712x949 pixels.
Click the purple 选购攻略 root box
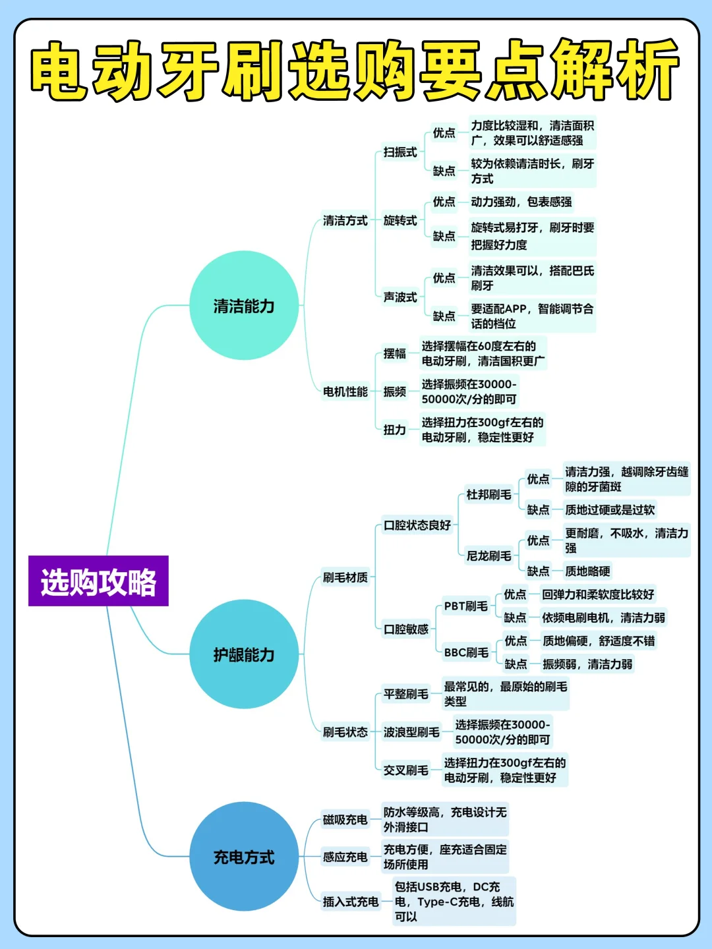coord(98,581)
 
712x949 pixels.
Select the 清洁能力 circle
coord(244,306)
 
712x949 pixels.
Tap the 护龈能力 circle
coord(244,654)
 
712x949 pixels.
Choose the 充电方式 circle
coord(244,857)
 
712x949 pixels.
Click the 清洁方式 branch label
coord(345,221)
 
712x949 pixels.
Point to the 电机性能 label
coord(345,392)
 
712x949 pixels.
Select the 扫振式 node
coord(400,152)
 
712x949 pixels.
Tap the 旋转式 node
coord(400,221)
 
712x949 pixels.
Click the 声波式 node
coord(400,297)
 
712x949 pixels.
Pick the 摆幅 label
coord(395,354)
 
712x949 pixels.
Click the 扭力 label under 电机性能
coord(395,430)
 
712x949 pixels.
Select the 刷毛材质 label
coord(345,578)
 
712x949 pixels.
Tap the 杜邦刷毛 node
coord(489,494)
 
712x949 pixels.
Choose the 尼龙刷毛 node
coord(489,556)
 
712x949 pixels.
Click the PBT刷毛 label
coord(465,606)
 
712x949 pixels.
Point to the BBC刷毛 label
coord(466,652)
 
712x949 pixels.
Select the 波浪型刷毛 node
coord(411,732)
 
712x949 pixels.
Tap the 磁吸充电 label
coord(345,820)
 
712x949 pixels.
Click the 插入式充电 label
coord(350,902)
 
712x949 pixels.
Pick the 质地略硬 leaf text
coord(587,571)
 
